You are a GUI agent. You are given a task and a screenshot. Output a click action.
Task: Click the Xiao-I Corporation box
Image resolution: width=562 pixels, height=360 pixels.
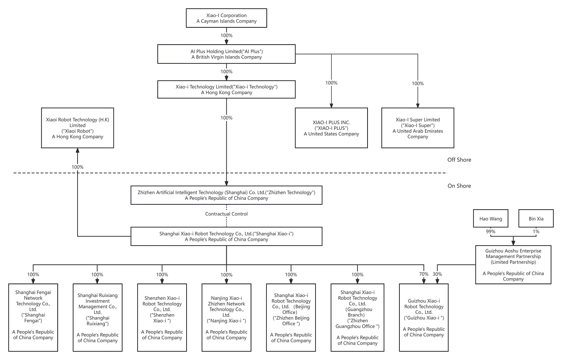coord(226,18)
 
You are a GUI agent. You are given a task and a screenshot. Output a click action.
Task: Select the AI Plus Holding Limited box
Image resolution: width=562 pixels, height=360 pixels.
coord(226,54)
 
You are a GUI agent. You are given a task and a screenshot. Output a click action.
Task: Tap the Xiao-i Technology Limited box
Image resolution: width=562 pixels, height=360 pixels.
coord(226,89)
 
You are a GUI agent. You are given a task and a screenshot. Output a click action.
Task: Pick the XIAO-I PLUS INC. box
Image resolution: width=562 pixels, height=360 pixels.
coord(331,128)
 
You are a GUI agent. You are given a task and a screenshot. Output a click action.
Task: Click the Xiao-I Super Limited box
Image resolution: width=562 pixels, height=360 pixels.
coord(418,128)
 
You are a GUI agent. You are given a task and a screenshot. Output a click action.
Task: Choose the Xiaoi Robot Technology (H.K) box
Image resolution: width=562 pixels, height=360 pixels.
coord(78,128)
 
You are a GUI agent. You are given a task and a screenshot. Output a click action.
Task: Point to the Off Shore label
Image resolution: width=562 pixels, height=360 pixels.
coord(459,160)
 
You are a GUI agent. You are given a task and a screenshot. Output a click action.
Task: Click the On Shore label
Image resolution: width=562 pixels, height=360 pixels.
coord(459,186)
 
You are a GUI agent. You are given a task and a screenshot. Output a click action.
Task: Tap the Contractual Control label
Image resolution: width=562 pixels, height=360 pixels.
coord(226,214)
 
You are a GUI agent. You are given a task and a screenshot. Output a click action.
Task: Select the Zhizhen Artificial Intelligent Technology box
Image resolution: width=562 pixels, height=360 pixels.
coord(226,195)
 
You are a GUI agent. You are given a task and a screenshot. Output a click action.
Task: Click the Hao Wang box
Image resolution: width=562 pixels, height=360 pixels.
coord(491,218)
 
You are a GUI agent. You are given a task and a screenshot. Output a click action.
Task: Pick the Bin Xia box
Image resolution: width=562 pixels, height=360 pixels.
coord(536,218)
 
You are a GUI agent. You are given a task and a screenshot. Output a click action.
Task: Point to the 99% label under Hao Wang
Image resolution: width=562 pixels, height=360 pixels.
coord(491,231)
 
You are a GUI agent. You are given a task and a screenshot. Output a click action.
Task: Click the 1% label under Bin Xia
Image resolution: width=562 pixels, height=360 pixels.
coord(536,231)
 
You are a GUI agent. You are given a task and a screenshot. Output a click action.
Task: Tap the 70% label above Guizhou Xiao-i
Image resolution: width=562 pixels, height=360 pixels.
coord(424,274)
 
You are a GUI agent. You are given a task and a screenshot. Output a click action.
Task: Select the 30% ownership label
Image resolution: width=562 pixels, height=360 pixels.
coord(437,274)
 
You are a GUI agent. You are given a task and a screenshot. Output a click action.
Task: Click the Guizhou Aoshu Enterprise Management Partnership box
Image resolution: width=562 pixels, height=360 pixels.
coord(513,265)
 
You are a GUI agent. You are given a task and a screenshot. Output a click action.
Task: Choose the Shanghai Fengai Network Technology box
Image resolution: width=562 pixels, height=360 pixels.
coord(33,318)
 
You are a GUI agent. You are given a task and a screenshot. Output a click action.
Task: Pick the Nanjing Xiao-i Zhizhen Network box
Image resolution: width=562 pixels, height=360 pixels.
coord(226,318)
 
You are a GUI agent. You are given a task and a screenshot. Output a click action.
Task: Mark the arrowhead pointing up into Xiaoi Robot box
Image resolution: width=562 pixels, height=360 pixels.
coord(78,150)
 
